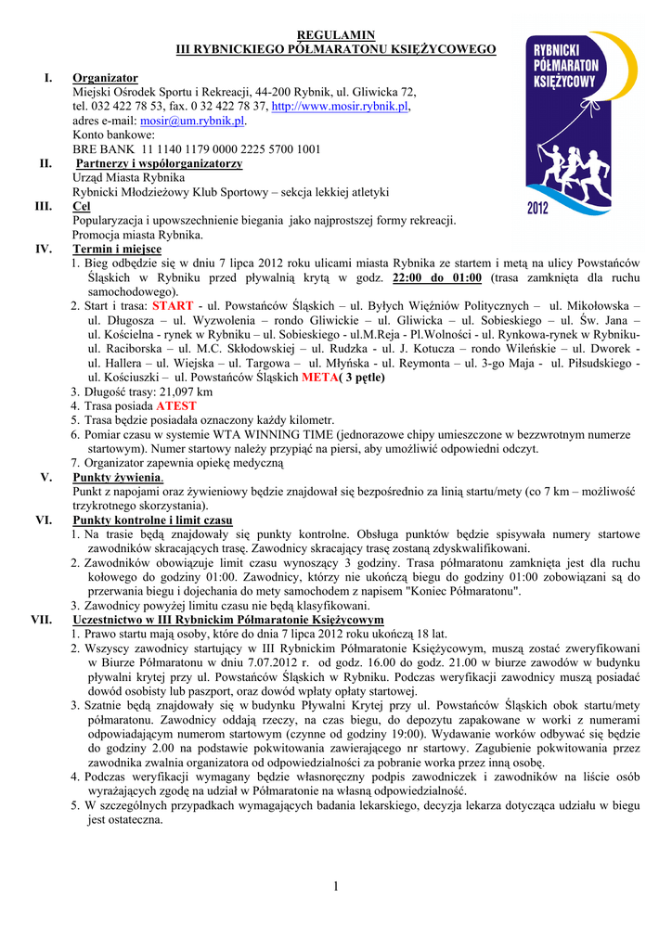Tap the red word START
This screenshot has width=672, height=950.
tap(173, 305)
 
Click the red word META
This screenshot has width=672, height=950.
tap(318, 378)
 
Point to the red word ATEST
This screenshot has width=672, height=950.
tap(176, 406)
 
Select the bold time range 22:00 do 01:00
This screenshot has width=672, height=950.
tap(437, 277)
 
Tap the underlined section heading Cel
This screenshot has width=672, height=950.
tap(81, 207)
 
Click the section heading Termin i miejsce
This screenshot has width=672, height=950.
tap(117, 250)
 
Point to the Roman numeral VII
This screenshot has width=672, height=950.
tap(42, 620)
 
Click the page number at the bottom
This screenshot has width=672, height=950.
tap(336, 888)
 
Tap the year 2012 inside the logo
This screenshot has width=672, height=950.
tap(538, 208)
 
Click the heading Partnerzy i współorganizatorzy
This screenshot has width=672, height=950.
tap(159, 163)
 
